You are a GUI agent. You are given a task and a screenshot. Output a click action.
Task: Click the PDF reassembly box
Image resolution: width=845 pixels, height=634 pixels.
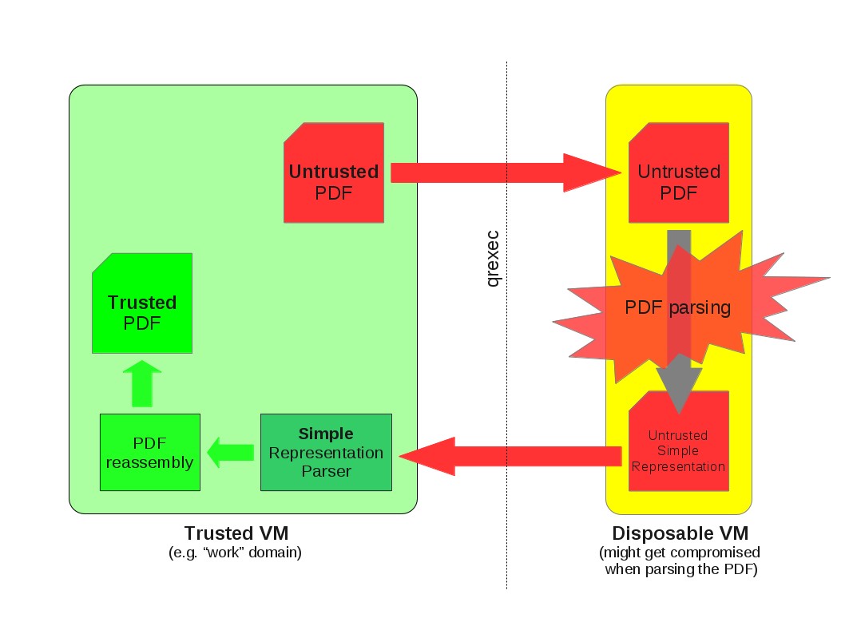click(x=149, y=452)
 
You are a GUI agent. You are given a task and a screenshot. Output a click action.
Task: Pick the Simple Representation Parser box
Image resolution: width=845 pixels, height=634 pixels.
click(x=326, y=452)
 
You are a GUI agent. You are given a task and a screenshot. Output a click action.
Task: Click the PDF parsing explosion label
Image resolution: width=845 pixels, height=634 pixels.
click(x=677, y=307)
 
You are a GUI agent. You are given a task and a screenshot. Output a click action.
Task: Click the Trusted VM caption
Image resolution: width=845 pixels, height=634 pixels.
click(x=236, y=533)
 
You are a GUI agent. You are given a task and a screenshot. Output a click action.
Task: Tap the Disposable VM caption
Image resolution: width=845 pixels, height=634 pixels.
click(x=680, y=533)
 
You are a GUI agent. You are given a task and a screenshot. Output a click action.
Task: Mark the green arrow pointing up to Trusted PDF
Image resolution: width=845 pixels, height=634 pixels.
click(x=141, y=384)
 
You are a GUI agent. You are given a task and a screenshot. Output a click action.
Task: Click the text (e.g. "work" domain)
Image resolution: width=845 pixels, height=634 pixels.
click(x=236, y=553)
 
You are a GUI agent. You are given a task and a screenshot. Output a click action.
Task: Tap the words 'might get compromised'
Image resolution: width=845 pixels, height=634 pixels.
click(x=680, y=553)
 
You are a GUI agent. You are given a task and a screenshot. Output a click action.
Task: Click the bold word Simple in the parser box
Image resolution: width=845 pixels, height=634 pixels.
click(x=326, y=434)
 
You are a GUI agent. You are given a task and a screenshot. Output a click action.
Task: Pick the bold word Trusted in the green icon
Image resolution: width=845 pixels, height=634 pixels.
click(x=142, y=303)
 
